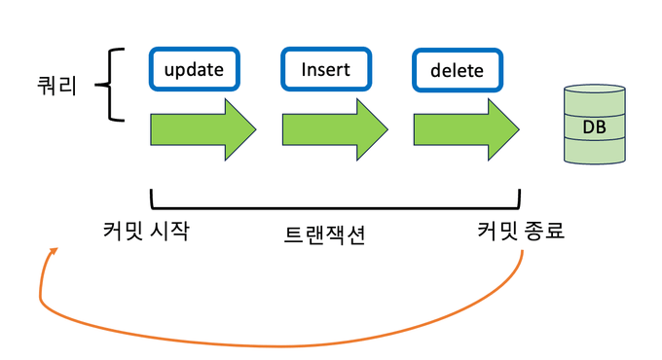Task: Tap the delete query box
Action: tap(457, 71)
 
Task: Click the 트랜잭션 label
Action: tap(324, 234)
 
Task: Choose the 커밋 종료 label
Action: tap(521, 233)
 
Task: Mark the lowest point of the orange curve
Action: tap(282, 345)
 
